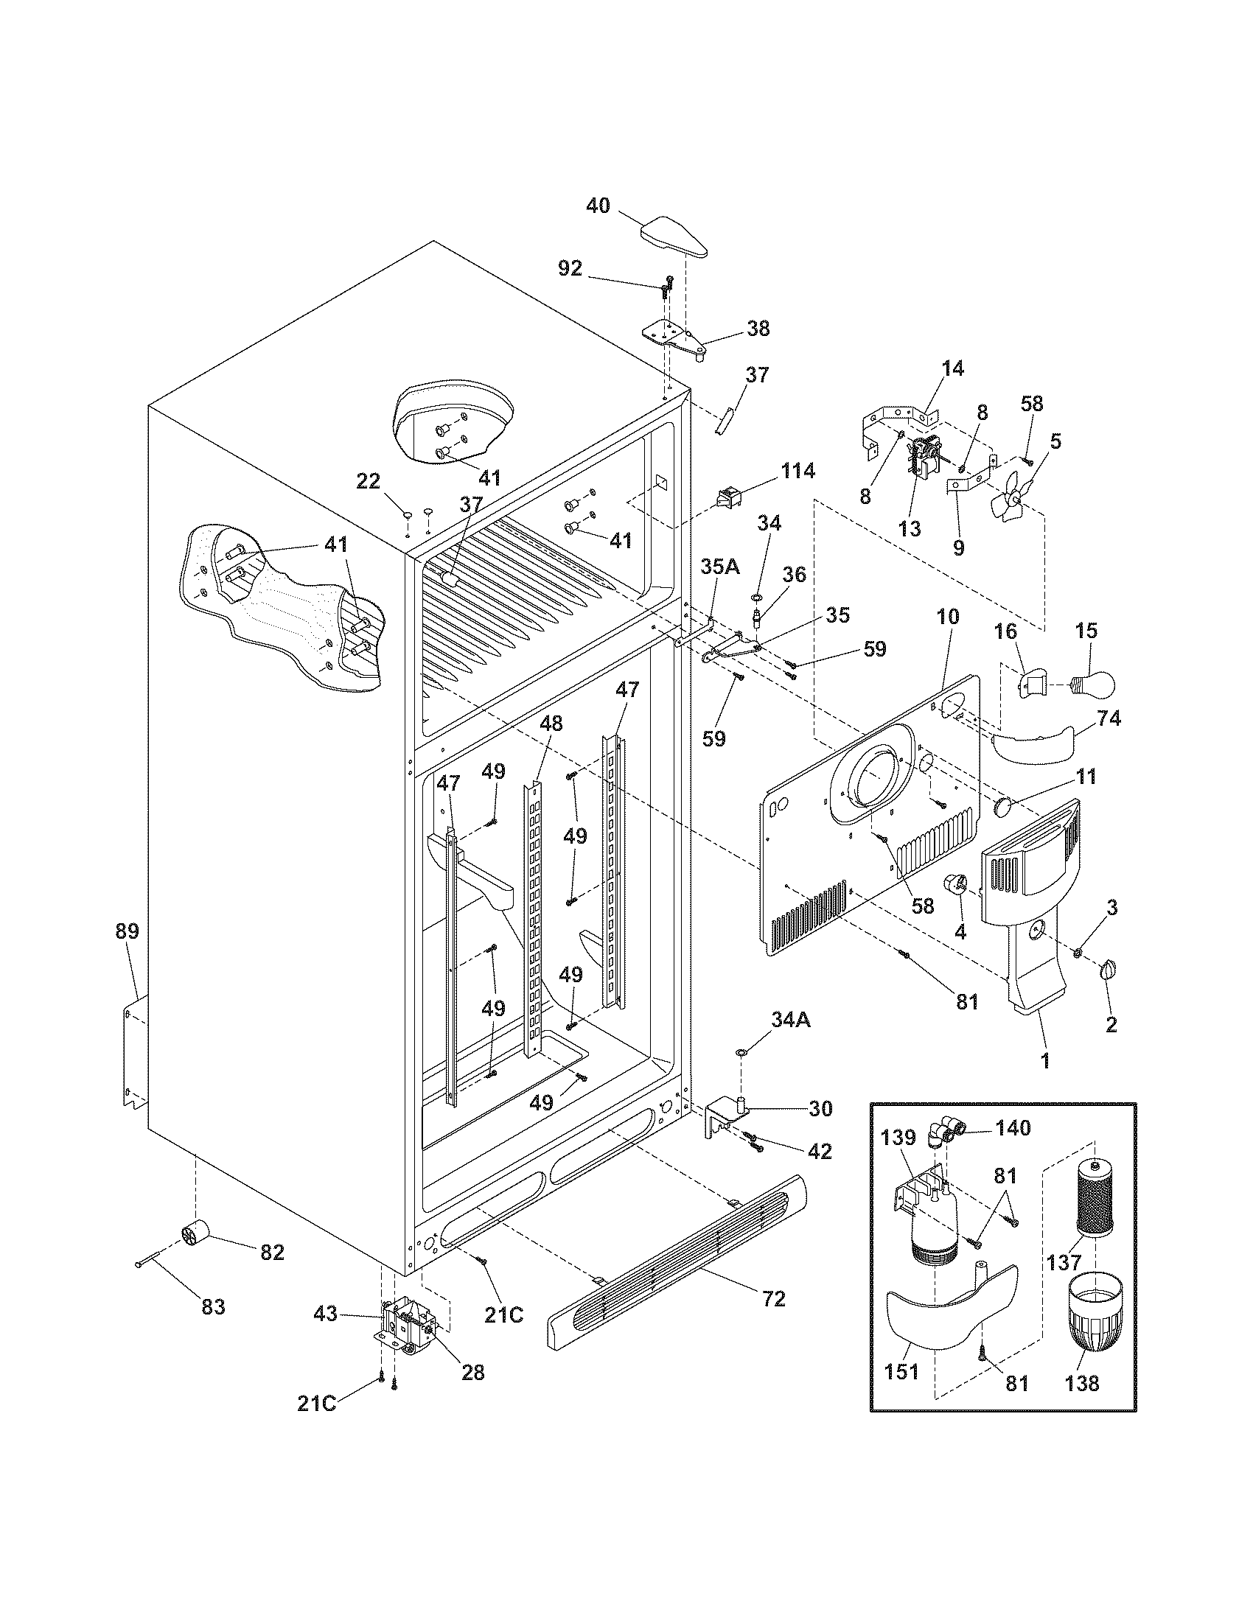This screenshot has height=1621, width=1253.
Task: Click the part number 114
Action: [x=797, y=471]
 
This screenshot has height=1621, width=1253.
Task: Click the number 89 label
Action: [x=127, y=931]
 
